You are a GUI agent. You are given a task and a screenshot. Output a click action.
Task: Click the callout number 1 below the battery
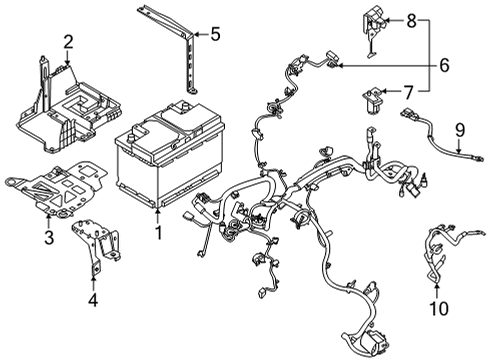[x=156, y=232]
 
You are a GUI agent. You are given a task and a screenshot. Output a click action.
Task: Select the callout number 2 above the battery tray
[x=68, y=42]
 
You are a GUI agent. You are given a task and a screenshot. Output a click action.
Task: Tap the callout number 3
[x=48, y=237]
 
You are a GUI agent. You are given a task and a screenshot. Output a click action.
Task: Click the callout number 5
[x=215, y=35]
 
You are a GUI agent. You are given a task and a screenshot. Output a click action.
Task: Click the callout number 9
[x=461, y=128]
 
